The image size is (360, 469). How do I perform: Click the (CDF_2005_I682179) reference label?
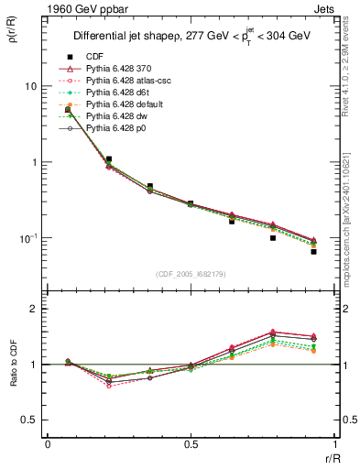pos(191,274)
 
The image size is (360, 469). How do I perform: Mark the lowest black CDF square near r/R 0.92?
pos(313,251)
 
